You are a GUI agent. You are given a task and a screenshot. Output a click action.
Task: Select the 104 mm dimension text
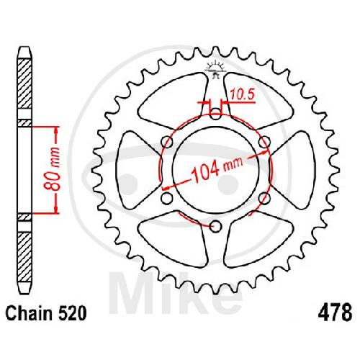coord(217,170)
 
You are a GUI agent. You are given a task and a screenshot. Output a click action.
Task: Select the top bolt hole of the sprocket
coord(216,113)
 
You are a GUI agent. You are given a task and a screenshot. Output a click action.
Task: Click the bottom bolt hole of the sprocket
coord(215,226)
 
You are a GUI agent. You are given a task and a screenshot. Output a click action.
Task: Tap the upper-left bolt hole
coord(167,142)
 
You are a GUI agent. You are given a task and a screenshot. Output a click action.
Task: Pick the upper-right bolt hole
coord(264,142)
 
